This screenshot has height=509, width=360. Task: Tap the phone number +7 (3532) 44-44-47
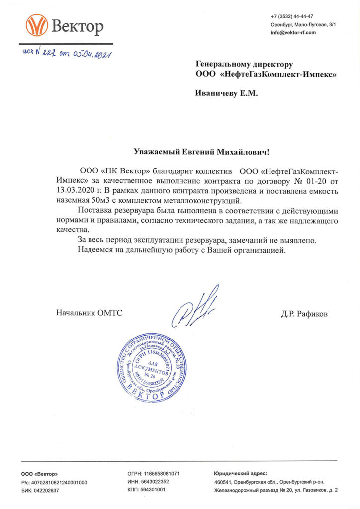point(292,16)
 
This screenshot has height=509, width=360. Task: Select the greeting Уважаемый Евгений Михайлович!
point(203,150)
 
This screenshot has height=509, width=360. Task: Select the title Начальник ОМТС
point(89,313)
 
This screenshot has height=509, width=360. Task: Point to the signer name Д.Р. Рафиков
point(304,314)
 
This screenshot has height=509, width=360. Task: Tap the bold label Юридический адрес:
point(241,474)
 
